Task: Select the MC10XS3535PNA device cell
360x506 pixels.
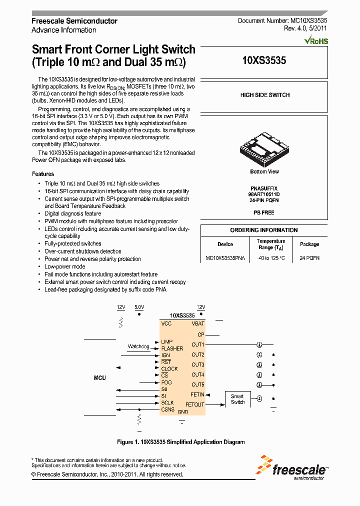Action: (225, 258)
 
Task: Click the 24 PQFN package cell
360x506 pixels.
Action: (309, 258)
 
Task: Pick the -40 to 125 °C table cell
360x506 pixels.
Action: (270, 258)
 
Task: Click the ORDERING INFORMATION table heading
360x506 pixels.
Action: (264, 230)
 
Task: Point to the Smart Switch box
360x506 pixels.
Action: (237, 399)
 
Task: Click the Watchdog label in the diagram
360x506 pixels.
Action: (138, 346)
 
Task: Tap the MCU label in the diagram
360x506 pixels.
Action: (100, 378)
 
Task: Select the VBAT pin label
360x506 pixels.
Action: (197, 324)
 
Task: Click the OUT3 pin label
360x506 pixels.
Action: (197, 364)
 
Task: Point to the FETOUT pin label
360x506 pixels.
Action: (195, 404)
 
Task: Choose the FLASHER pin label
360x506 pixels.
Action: (172, 348)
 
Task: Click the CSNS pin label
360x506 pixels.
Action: (167, 409)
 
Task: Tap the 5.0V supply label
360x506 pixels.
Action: (139, 307)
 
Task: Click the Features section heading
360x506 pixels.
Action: (43, 174)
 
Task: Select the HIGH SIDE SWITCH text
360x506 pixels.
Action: (264, 95)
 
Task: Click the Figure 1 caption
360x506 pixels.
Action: (180, 442)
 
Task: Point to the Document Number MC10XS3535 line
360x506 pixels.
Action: (282, 21)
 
